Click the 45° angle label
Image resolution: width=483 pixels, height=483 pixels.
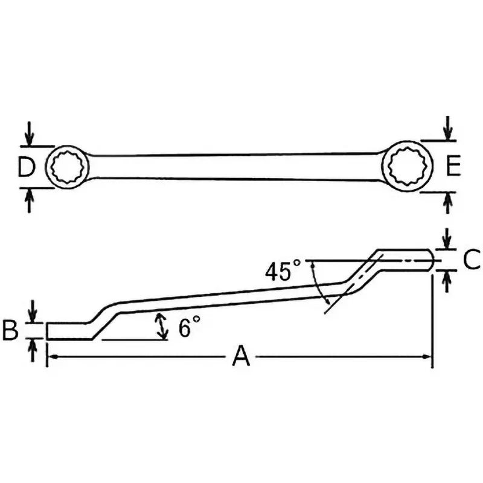[x=282, y=272]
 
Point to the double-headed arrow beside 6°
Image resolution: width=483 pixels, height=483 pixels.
[x=161, y=327]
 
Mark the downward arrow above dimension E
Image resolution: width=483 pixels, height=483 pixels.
[x=447, y=128]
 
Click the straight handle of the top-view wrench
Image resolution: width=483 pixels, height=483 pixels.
[x=235, y=166]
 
